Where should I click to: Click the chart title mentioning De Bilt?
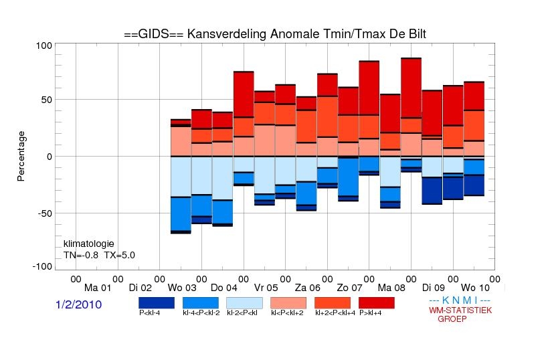pos(275,34)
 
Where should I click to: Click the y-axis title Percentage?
pos(21,156)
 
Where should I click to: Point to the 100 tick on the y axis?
pos(44,46)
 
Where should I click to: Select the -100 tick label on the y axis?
pos(42,266)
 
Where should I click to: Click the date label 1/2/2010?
pos(78,304)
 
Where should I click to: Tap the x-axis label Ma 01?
pos(98,288)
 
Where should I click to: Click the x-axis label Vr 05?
pos(266,288)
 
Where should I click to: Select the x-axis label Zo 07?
pos(349,288)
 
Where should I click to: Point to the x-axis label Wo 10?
pos(475,288)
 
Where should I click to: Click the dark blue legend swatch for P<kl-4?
pos(157,303)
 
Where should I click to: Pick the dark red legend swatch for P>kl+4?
pos(377,303)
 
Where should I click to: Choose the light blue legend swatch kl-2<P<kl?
pos(244,303)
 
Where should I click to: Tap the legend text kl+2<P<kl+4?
pos(335,312)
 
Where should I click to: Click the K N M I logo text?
pos(460,300)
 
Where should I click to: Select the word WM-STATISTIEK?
pos(460,310)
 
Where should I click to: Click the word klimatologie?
pos(89,244)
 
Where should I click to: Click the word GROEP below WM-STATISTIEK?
pos(452,319)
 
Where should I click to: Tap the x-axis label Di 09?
pos(433,288)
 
